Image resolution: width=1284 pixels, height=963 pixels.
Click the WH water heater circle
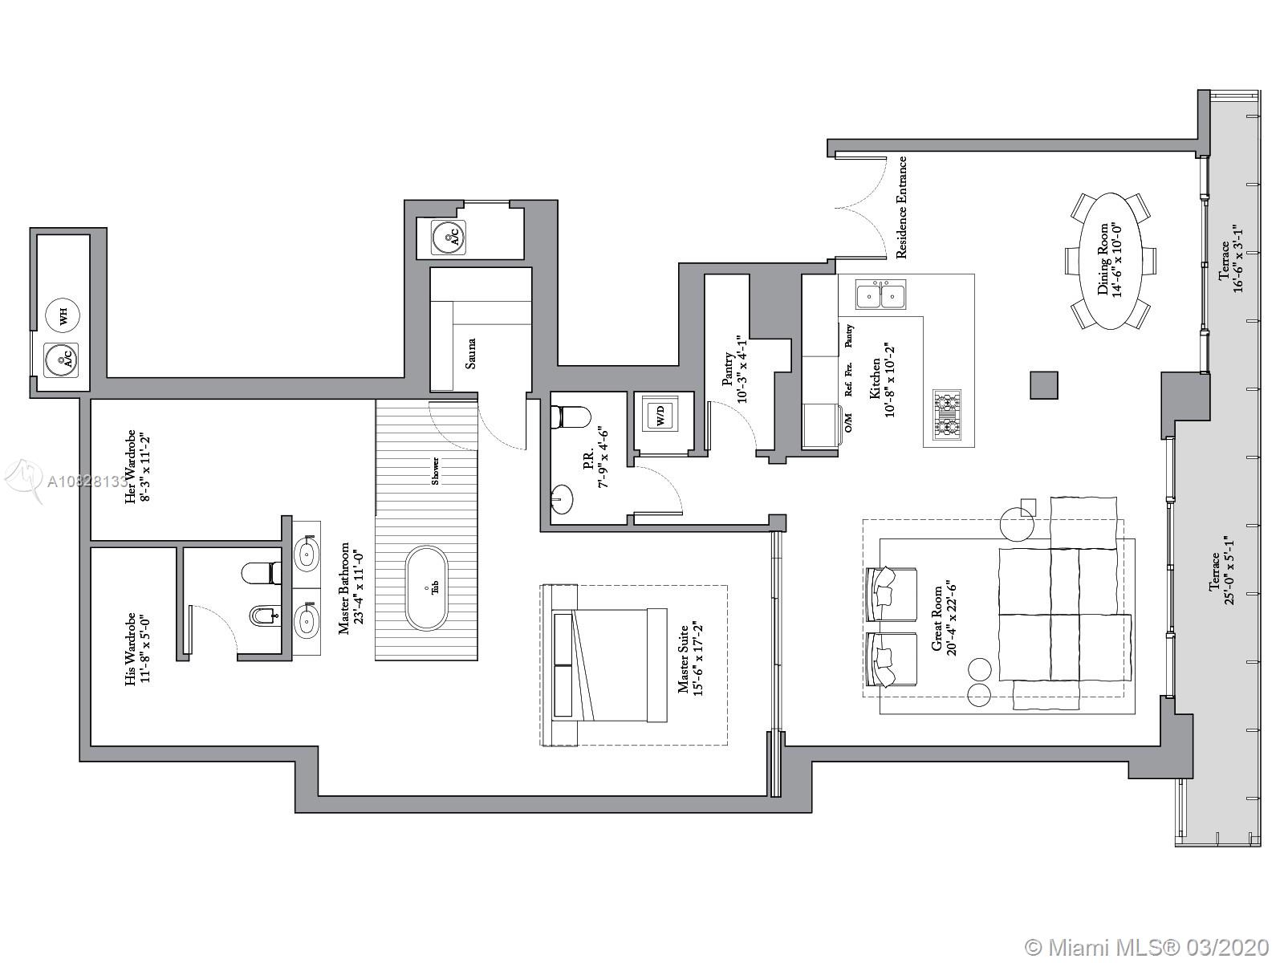click(63, 316)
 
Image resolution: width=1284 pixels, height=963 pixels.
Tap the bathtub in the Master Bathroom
click(426, 588)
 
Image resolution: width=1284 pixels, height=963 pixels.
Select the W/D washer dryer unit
click(661, 415)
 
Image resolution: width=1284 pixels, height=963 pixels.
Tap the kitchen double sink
click(881, 294)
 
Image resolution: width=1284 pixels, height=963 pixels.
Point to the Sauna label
click(470, 354)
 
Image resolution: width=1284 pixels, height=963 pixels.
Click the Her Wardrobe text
click(130, 467)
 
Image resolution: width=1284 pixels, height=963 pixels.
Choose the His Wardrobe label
click(130, 649)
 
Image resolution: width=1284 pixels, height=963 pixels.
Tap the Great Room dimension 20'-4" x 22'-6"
click(951, 620)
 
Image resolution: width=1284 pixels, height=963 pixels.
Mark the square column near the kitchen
click(1043, 385)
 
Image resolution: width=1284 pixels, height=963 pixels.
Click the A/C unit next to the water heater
click(62, 359)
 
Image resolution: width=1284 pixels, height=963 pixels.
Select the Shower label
click(435, 471)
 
